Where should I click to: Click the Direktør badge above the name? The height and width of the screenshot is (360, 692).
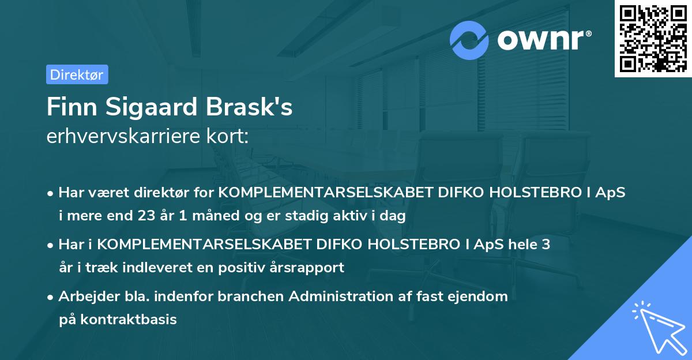(x=77, y=74)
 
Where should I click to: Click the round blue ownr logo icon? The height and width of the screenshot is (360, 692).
(x=469, y=41)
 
